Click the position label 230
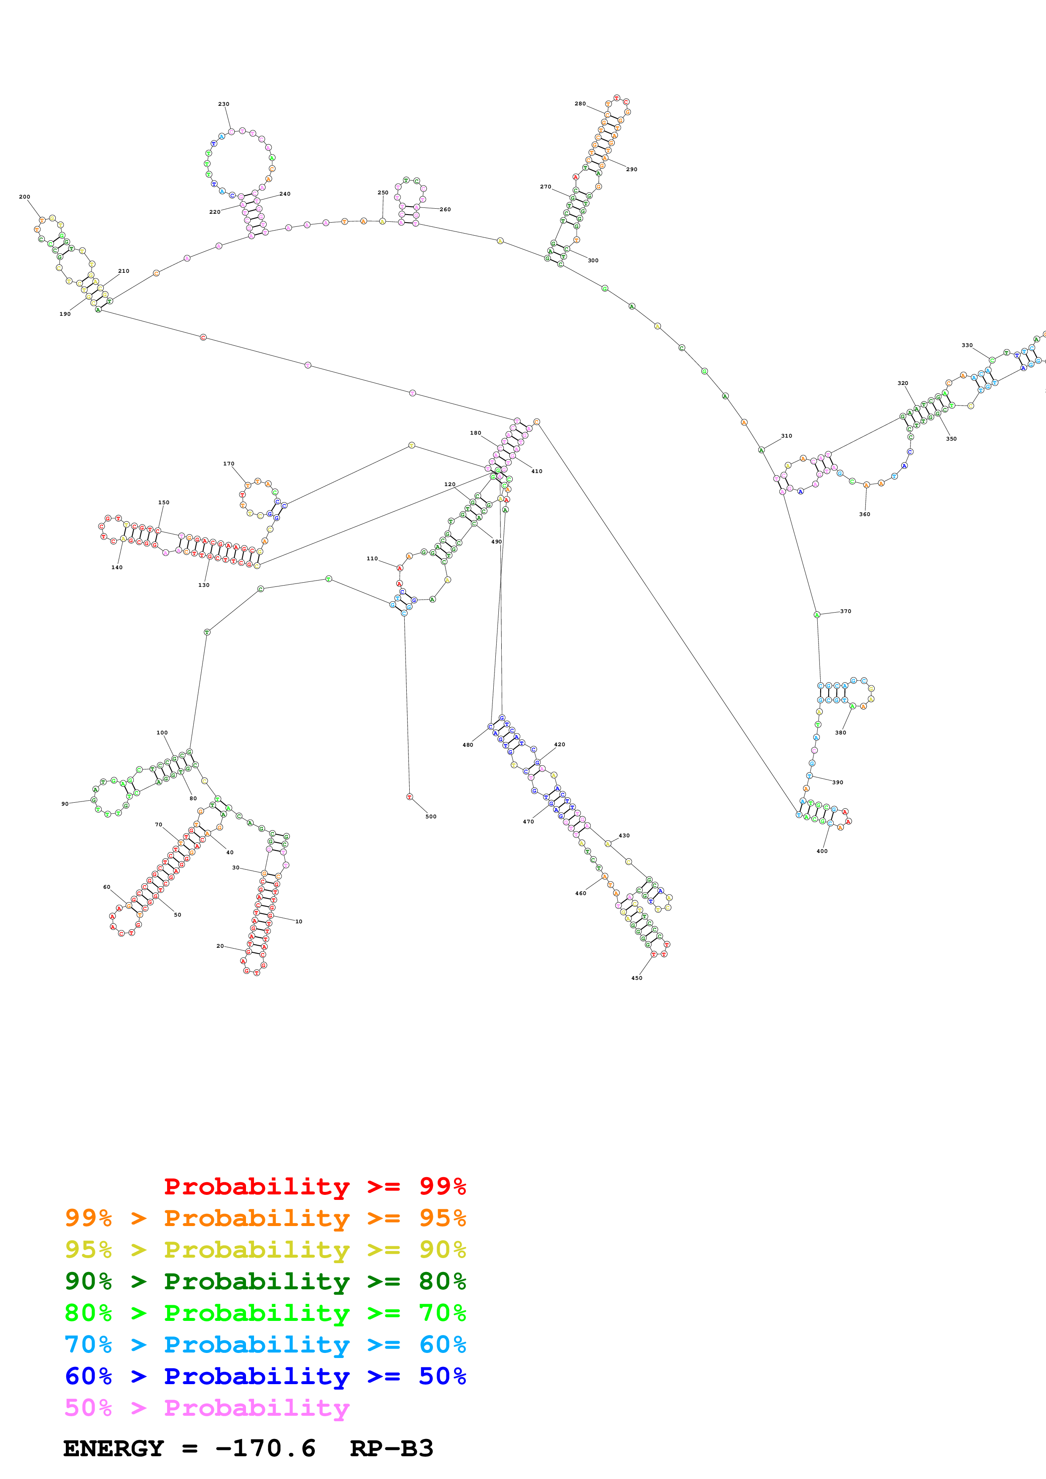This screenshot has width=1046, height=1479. pos(224,104)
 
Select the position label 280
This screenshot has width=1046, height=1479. pos(580,103)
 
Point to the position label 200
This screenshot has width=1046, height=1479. pos(24,196)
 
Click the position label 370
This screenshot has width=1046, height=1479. pos(846,610)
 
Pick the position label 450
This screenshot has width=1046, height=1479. pos(637,978)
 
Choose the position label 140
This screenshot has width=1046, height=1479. pos(116,567)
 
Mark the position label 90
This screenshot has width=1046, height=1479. pos(65,803)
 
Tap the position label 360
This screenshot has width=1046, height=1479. pos(864,514)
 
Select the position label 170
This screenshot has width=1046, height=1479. pos(229,463)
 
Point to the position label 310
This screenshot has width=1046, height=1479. pos(786,436)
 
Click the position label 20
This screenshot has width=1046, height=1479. pos(220,946)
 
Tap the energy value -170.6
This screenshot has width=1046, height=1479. pos(265,1448)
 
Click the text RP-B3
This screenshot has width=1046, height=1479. pos(391,1448)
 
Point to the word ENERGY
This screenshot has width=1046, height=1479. pos(114,1448)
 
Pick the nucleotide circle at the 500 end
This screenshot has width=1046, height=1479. pos(409,797)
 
